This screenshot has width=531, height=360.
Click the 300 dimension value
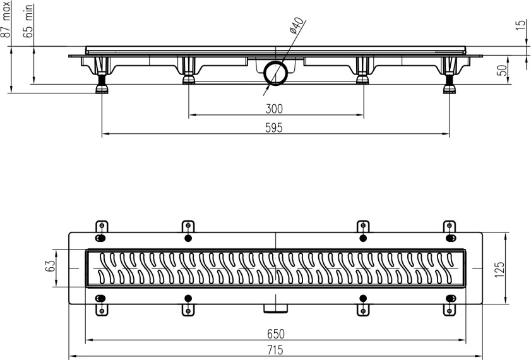click(275, 109)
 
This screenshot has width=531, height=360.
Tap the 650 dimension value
click(275, 333)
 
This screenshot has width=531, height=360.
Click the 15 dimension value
click(520, 25)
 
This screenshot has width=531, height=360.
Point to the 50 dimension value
click(503, 69)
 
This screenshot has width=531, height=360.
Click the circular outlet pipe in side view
click(276, 73)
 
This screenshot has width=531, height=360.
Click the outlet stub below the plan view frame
click(276, 308)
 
